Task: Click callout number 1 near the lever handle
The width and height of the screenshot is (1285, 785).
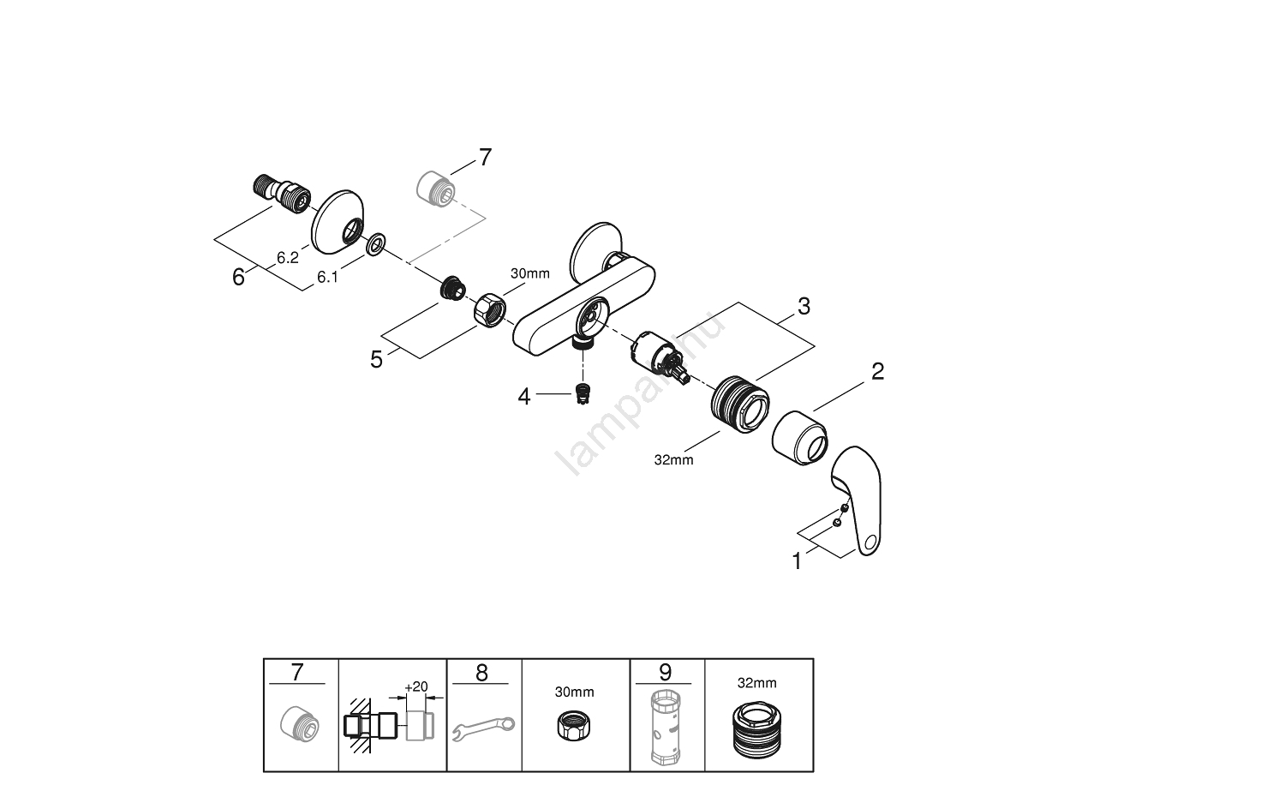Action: tap(798, 562)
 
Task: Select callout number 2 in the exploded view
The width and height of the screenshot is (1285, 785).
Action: tap(876, 372)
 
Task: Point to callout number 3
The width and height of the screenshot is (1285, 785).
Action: tap(803, 306)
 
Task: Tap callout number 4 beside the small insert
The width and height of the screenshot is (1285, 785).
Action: tap(523, 396)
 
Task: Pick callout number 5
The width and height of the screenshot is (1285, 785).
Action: tap(377, 359)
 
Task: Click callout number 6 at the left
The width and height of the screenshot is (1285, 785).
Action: tap(239, 277)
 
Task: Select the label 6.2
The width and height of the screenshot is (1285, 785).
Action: tap(287, 256)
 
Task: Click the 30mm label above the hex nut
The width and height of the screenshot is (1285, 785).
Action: tap(529, 273)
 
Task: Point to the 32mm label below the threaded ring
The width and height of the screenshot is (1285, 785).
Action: tap(673, 459)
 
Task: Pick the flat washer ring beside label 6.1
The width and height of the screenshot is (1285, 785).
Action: tap(375, 247)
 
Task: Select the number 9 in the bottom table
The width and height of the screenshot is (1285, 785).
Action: tap(665, 673)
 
